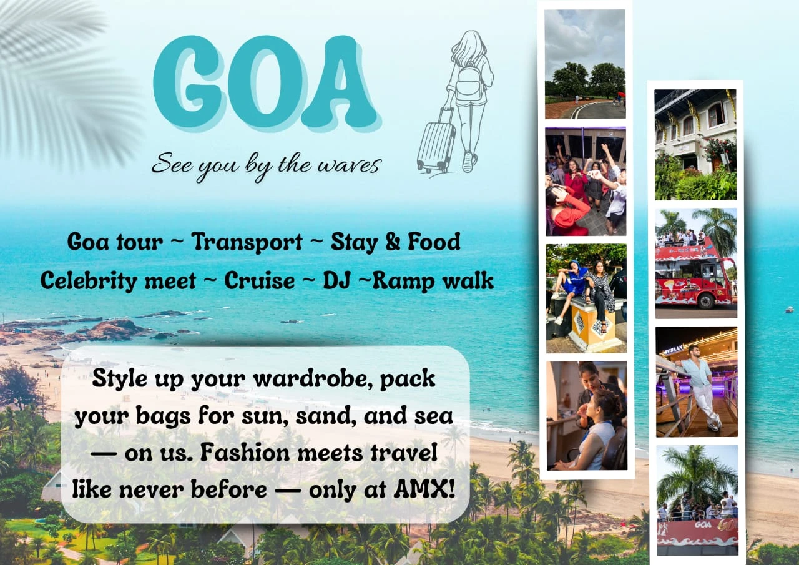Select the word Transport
(x=247, y=243)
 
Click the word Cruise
(x=259, y=280)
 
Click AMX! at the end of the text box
(x=424, y=489)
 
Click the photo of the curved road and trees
(x=585, y=64)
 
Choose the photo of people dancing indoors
(x=586, y=181)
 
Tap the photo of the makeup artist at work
(x=587, y=416)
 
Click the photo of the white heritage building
(x=695, y=144)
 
